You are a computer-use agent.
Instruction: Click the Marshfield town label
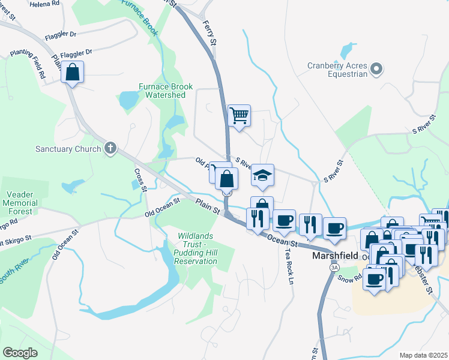tap(335, 255)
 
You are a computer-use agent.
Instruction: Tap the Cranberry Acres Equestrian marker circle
tap(377, 70)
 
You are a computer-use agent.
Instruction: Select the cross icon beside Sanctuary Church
tap(110, 148)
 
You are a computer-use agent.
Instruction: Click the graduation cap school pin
tap(262, 175)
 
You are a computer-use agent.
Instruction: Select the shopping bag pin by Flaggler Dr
tap(72, 73)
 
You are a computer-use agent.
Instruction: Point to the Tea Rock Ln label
tap(291, 266)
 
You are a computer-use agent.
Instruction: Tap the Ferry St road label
tap(211, 34)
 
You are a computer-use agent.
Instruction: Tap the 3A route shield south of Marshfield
tap(334, 268)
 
